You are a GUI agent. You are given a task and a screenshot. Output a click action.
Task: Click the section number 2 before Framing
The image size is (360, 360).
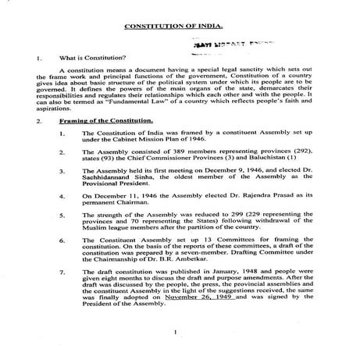tap(27, 123)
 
